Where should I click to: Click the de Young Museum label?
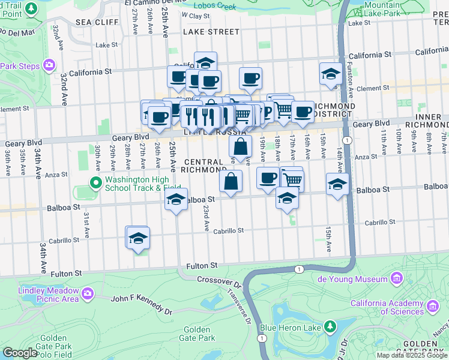352,279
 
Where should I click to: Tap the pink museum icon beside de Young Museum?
396,279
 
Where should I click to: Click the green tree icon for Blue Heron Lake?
330,327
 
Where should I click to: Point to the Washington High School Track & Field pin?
95,182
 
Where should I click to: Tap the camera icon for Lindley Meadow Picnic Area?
88,294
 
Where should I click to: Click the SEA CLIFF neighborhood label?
91,22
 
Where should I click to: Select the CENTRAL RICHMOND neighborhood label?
204,166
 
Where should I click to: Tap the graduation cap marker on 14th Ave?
338,184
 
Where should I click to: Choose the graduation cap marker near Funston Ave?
330,74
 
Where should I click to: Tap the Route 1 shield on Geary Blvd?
348,139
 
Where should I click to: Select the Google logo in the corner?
20,353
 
